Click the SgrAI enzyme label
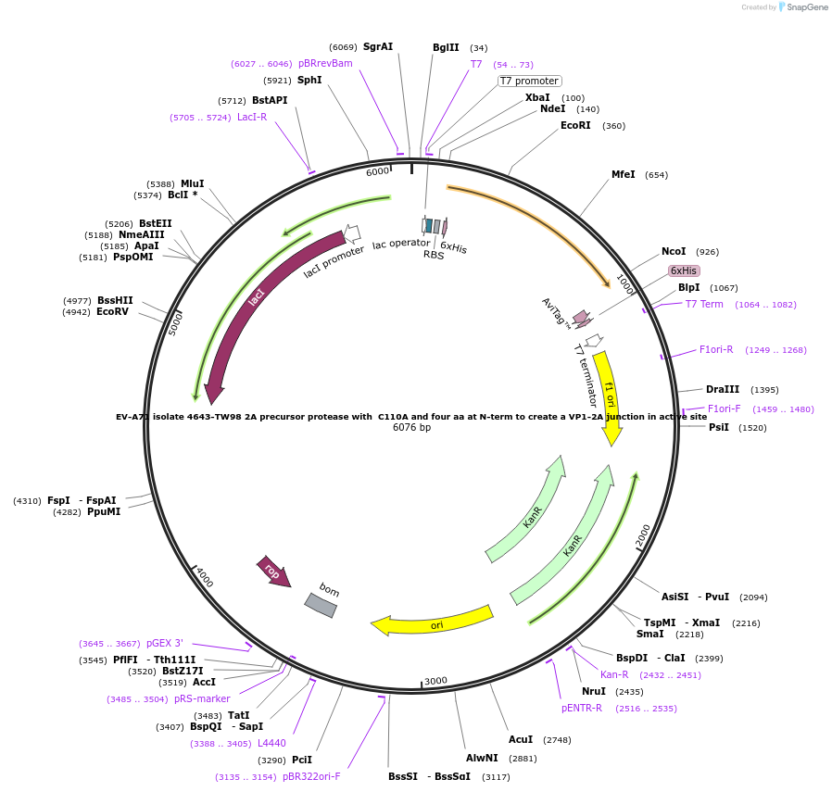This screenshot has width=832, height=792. [378, 46]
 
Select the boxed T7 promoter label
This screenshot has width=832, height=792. [529, 81]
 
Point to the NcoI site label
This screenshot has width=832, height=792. [674, 251]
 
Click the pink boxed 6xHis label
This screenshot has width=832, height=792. [684, 270]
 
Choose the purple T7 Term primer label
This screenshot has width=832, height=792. [704, 304]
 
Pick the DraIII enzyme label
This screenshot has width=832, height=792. [723, 389]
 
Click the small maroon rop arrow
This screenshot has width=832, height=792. [274, 572]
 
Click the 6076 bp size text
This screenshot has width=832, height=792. [411, 428]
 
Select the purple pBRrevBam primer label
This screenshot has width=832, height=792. [325, 63]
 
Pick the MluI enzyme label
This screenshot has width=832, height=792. [193, 183]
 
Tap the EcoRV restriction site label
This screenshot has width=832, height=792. [112, 312]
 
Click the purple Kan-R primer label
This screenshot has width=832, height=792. [614, 674]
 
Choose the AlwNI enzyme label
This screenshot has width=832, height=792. [482, 758]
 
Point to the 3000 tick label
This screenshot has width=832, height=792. [436, 681]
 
